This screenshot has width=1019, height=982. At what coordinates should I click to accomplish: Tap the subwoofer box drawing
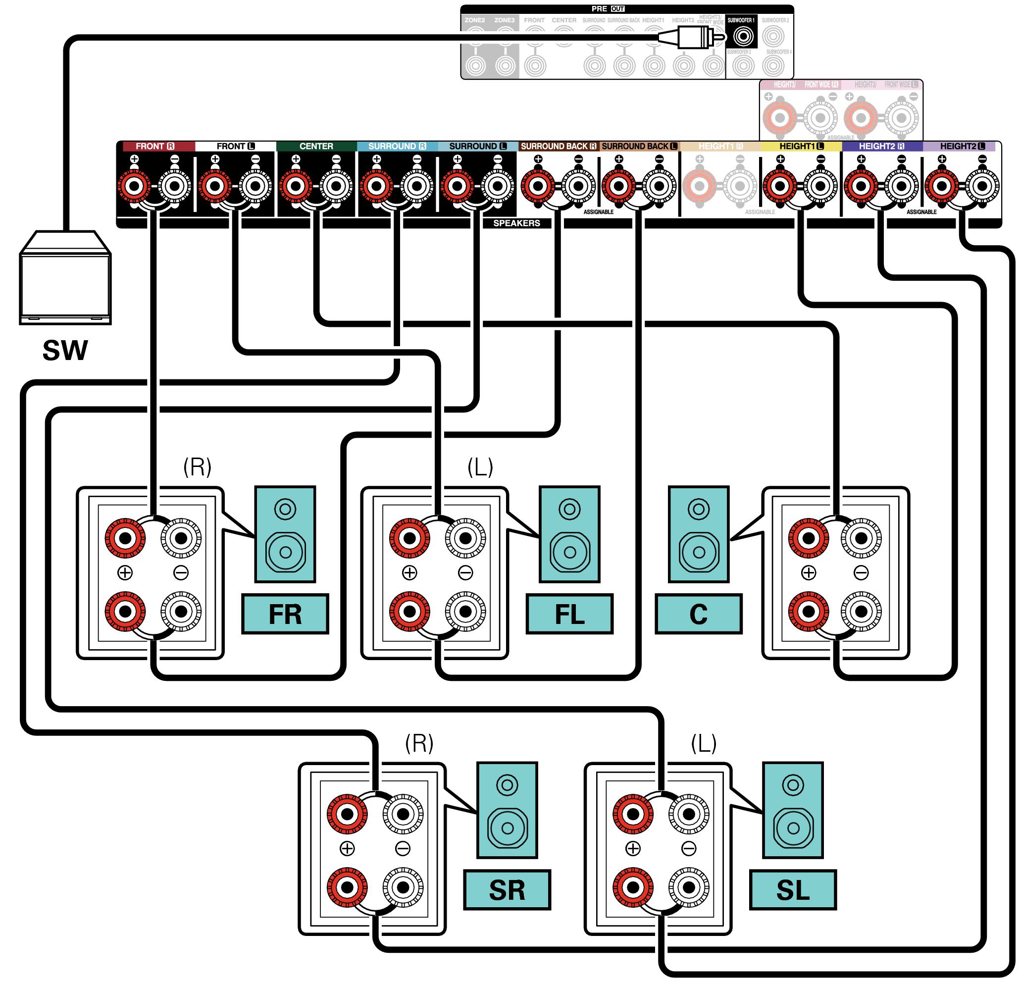pos(65,281)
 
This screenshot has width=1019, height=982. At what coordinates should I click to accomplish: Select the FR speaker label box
pos(285,614)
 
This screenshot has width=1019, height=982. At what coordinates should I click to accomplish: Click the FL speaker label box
pos(569,614)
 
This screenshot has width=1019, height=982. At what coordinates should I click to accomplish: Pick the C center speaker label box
pos(698,614)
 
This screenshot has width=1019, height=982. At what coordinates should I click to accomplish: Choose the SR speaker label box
pos(507,890)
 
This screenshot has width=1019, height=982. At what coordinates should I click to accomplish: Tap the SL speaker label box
pos(793,890)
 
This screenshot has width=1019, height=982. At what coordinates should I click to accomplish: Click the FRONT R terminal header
pos(155,146)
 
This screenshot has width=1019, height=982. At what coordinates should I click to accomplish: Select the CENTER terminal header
pos(316,146)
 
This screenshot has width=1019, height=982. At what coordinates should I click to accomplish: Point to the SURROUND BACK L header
pos(639,146)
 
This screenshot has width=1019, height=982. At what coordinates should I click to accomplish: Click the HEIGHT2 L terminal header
pos(962,146)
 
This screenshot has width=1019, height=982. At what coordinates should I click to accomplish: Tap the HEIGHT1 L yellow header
pos(801,146)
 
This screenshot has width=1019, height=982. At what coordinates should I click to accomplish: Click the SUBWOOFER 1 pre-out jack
pos(743,36)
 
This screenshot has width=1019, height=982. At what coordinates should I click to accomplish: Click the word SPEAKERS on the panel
pos(516,223)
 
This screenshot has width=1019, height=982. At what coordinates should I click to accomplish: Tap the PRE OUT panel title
pos(608,9)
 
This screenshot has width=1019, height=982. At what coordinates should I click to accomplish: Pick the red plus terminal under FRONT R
pos(135,186)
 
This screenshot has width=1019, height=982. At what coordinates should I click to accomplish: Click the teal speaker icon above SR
pos(507,810)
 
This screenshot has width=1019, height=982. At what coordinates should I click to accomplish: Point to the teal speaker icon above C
pos(698,534)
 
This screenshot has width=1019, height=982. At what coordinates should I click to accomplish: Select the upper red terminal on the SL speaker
pos(633,814)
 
